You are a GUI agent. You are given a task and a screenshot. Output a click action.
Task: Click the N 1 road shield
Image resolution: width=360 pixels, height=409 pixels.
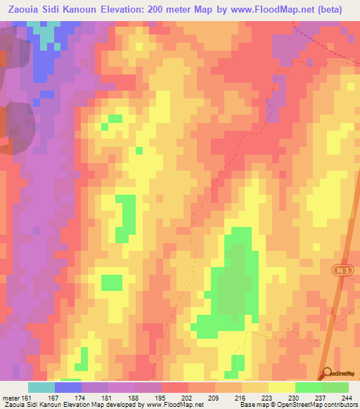point(340,270)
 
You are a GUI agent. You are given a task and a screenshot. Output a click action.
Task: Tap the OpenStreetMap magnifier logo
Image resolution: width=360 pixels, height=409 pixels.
point(326,372)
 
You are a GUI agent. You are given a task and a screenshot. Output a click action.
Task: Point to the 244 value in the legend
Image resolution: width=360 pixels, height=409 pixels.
point(347,397)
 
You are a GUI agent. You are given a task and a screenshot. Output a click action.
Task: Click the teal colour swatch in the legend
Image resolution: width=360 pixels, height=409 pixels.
point(41,387)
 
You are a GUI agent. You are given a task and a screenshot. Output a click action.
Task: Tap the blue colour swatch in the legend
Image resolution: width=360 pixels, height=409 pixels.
point(67,387)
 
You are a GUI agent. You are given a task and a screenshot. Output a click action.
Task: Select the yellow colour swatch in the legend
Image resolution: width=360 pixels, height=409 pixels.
point(281,387)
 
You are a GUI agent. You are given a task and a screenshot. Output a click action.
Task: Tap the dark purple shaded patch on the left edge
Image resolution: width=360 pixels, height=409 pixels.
point(14,126)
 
